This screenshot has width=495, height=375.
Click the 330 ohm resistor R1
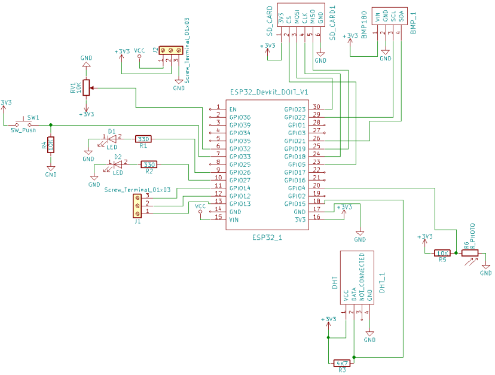[143, 139]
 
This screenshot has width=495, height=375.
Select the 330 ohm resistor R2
[149, 164]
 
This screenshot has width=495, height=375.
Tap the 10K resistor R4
[51, 144]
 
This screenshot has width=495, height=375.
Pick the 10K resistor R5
[442, 253]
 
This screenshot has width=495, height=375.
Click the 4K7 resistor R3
[342, 363]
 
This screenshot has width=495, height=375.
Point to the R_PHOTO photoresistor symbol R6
[470, 253]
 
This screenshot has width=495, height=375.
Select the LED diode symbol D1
[111, 139]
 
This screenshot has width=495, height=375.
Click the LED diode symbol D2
[117, 164]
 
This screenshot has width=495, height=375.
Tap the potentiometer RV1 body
[86, 88]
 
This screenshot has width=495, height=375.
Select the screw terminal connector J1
[137, 205]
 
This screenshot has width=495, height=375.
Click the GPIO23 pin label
[295, 109]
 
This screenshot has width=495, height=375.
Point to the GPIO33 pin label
[240, 156]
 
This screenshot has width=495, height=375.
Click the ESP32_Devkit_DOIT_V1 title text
[268, 92]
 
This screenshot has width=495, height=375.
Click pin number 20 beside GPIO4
[316, 185]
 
